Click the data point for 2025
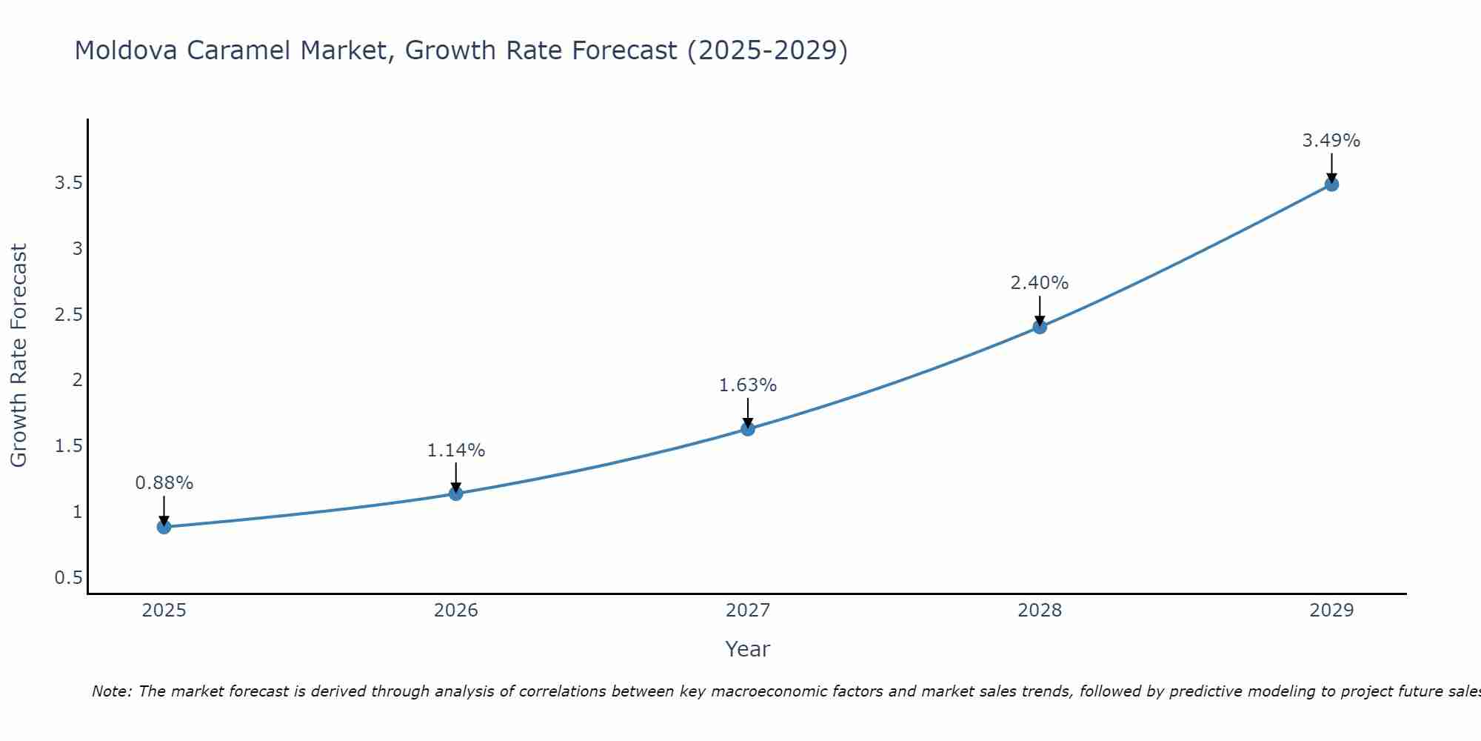tap(164, 527)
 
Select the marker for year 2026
tap(456, 494)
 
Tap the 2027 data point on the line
tap(748, 429)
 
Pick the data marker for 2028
tap(1040, 327)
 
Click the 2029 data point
tap(1331, 184)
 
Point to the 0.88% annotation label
tap(164, 483)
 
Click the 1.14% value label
tap(456, 451)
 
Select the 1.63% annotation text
tap(748, 385)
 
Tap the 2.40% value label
tap(1040, 283)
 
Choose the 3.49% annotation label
tap(1331, 141)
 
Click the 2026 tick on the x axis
tap(456, 611)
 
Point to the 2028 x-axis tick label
tap(1040, 611)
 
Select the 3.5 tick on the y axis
tap(68, 183)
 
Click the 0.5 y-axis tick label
tap(68, 578)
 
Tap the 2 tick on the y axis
tap(77, 380)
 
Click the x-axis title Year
tap(748, 649)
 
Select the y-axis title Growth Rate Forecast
tap(19, 356)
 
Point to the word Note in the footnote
tap(111, 691)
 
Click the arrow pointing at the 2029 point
tap(1331, 167)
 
